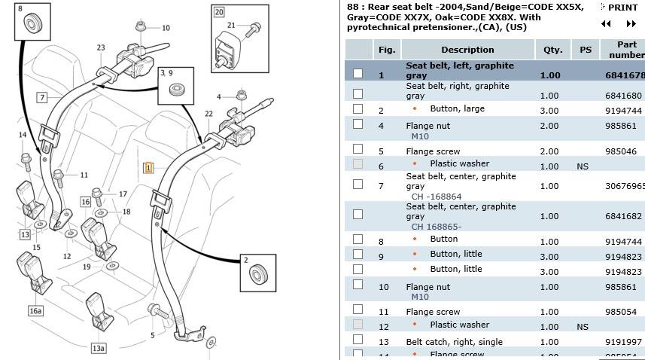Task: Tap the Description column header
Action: (467, 50)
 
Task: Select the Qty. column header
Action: (553, 50)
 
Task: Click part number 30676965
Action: (624, 186)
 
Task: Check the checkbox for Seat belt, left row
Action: (357, 74)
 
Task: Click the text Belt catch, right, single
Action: (454, 341)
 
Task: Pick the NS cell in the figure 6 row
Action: (583, 166)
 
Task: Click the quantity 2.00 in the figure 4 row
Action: (550, 126)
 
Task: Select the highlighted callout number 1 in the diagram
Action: (148, 167)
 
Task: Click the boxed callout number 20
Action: (218, 12)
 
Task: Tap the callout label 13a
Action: (99, 348)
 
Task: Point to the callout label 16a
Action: (35, 310)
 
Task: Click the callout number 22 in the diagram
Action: (208, 114)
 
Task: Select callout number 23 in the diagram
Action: (101, 47)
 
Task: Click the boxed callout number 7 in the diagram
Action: (42, 97)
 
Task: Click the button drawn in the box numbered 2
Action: (262, 272)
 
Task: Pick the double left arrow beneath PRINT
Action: (606, 24)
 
